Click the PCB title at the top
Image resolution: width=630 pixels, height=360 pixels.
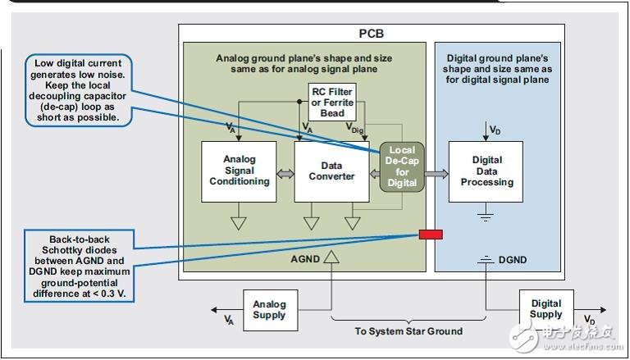point(371,34)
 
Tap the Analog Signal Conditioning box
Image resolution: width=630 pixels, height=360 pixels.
point(240,171)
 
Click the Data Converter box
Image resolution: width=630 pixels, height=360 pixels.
point(331,171)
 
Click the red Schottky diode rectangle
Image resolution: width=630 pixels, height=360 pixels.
point(431,235)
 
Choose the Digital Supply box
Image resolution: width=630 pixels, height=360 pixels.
point(546,308)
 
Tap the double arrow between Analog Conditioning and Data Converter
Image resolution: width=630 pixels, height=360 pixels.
point(286,174)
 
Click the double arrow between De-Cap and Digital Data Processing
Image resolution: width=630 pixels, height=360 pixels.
point(436,174)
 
